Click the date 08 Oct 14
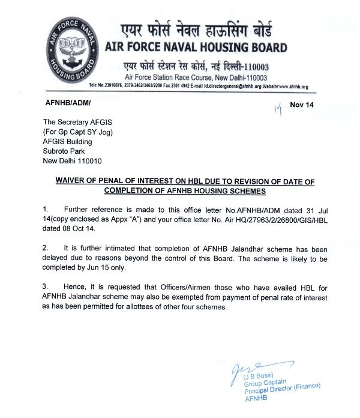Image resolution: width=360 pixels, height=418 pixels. point(84,228)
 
